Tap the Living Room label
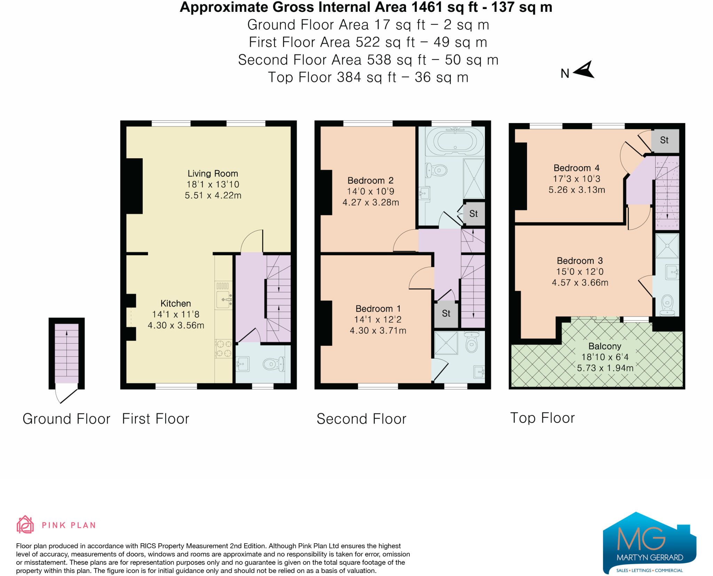213,173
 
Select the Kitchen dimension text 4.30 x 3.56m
176,325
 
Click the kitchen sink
224,299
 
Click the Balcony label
605,346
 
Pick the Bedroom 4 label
577,168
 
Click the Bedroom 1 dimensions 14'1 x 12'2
378,319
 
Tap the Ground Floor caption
66,419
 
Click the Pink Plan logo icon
25,525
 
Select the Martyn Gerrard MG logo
650,543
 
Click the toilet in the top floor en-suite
667,305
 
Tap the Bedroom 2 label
370,181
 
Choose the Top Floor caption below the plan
542,418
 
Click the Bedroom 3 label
580,261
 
